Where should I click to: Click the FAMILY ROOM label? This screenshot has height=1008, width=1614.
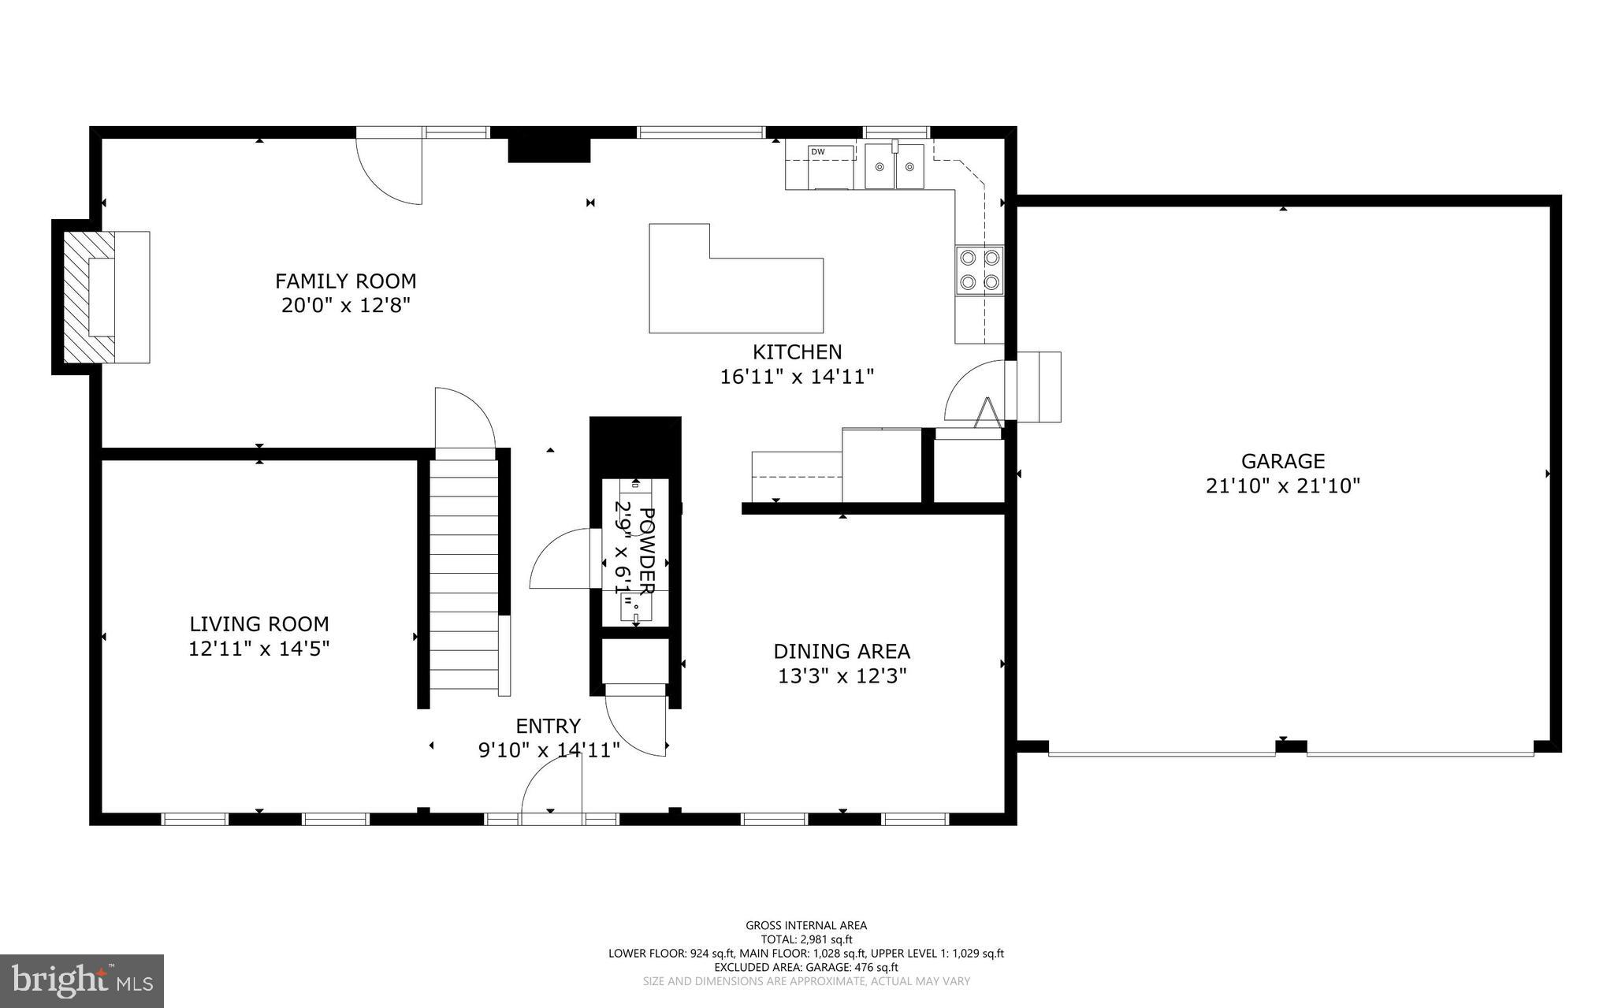[345, 281]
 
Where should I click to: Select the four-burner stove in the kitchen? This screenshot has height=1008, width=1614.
[980, 270]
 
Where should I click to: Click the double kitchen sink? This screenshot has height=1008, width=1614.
[894, 166]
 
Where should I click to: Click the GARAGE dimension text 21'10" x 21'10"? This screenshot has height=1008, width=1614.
[1282, 486]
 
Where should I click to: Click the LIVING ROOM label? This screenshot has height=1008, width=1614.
[258, 624]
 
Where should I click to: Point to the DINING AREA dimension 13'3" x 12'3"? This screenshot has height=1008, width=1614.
[842, 676]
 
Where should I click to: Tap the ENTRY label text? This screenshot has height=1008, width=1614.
[548, 726]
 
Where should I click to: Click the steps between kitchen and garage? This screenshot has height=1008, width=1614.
[1038, 387]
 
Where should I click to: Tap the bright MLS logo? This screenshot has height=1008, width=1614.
[82, 980]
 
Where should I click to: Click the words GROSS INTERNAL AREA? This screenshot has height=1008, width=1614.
[805, 925]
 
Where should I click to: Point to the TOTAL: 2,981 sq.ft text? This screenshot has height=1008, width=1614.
[805, 939]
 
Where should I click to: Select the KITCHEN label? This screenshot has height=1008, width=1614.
[797, 351]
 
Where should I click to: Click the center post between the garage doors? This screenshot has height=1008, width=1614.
[1291, 746]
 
